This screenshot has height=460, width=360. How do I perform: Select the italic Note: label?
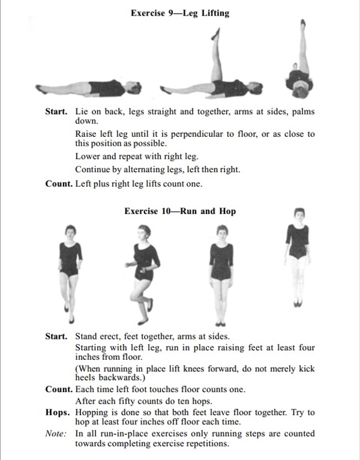[x=56, y=434]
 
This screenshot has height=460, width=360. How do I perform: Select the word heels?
[x=86, y=378]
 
